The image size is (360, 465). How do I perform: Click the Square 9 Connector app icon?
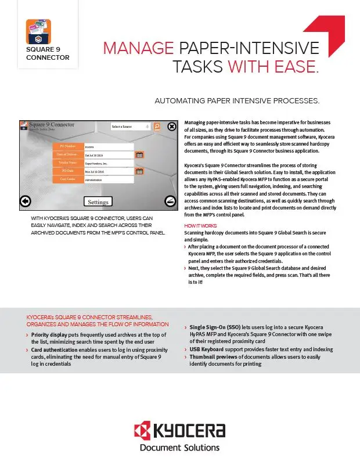38,31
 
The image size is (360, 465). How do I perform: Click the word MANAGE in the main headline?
138,48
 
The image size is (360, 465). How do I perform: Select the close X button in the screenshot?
172,127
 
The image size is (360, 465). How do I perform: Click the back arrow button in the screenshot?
25,201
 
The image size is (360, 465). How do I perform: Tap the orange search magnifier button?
157,126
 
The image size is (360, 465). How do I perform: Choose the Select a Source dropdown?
131,126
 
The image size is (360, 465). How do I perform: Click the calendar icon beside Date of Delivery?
139,155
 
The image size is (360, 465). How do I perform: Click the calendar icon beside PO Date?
139,171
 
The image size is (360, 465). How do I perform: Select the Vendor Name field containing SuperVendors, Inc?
109,163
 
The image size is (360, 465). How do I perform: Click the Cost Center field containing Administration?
109,180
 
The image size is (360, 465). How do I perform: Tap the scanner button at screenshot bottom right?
171,201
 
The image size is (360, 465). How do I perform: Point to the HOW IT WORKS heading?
201,225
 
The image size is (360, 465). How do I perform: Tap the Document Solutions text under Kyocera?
179,448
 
